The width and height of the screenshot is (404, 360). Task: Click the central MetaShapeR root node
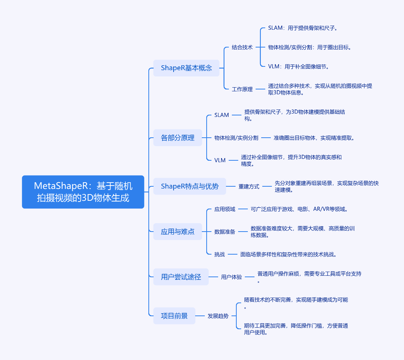(x=83, y=192)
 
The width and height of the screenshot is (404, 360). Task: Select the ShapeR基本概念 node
(x=186, y=68)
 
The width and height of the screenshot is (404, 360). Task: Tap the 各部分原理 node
(x=177, y=138)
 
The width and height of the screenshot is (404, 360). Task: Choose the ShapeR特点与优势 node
(x=190, y=186)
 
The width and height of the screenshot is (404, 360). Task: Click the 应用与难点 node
(x=177, y=232)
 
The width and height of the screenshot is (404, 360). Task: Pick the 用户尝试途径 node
(x=181, y=277)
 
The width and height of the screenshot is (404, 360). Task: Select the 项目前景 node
(x=174, y=316)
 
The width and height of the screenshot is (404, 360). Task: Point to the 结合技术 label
(x=242, y=48)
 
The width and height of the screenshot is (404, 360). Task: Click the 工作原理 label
(x=242, y=89)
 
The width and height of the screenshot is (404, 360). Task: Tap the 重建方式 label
(x=249, y=186)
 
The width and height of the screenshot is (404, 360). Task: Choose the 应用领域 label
(x=224, y=209)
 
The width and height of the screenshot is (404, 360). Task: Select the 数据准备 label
(x=224, y=232)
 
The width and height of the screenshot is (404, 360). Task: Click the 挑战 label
(x=219, y=254)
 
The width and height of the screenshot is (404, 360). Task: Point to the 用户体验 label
(x=231, y=277)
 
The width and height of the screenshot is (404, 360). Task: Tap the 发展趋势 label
(x=218, y=316)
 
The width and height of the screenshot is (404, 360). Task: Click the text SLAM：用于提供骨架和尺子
(x=302, y=28)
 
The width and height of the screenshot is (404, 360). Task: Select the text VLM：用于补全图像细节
(x=299, y=67)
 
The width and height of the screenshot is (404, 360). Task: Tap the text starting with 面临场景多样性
(x=288, y=254)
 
